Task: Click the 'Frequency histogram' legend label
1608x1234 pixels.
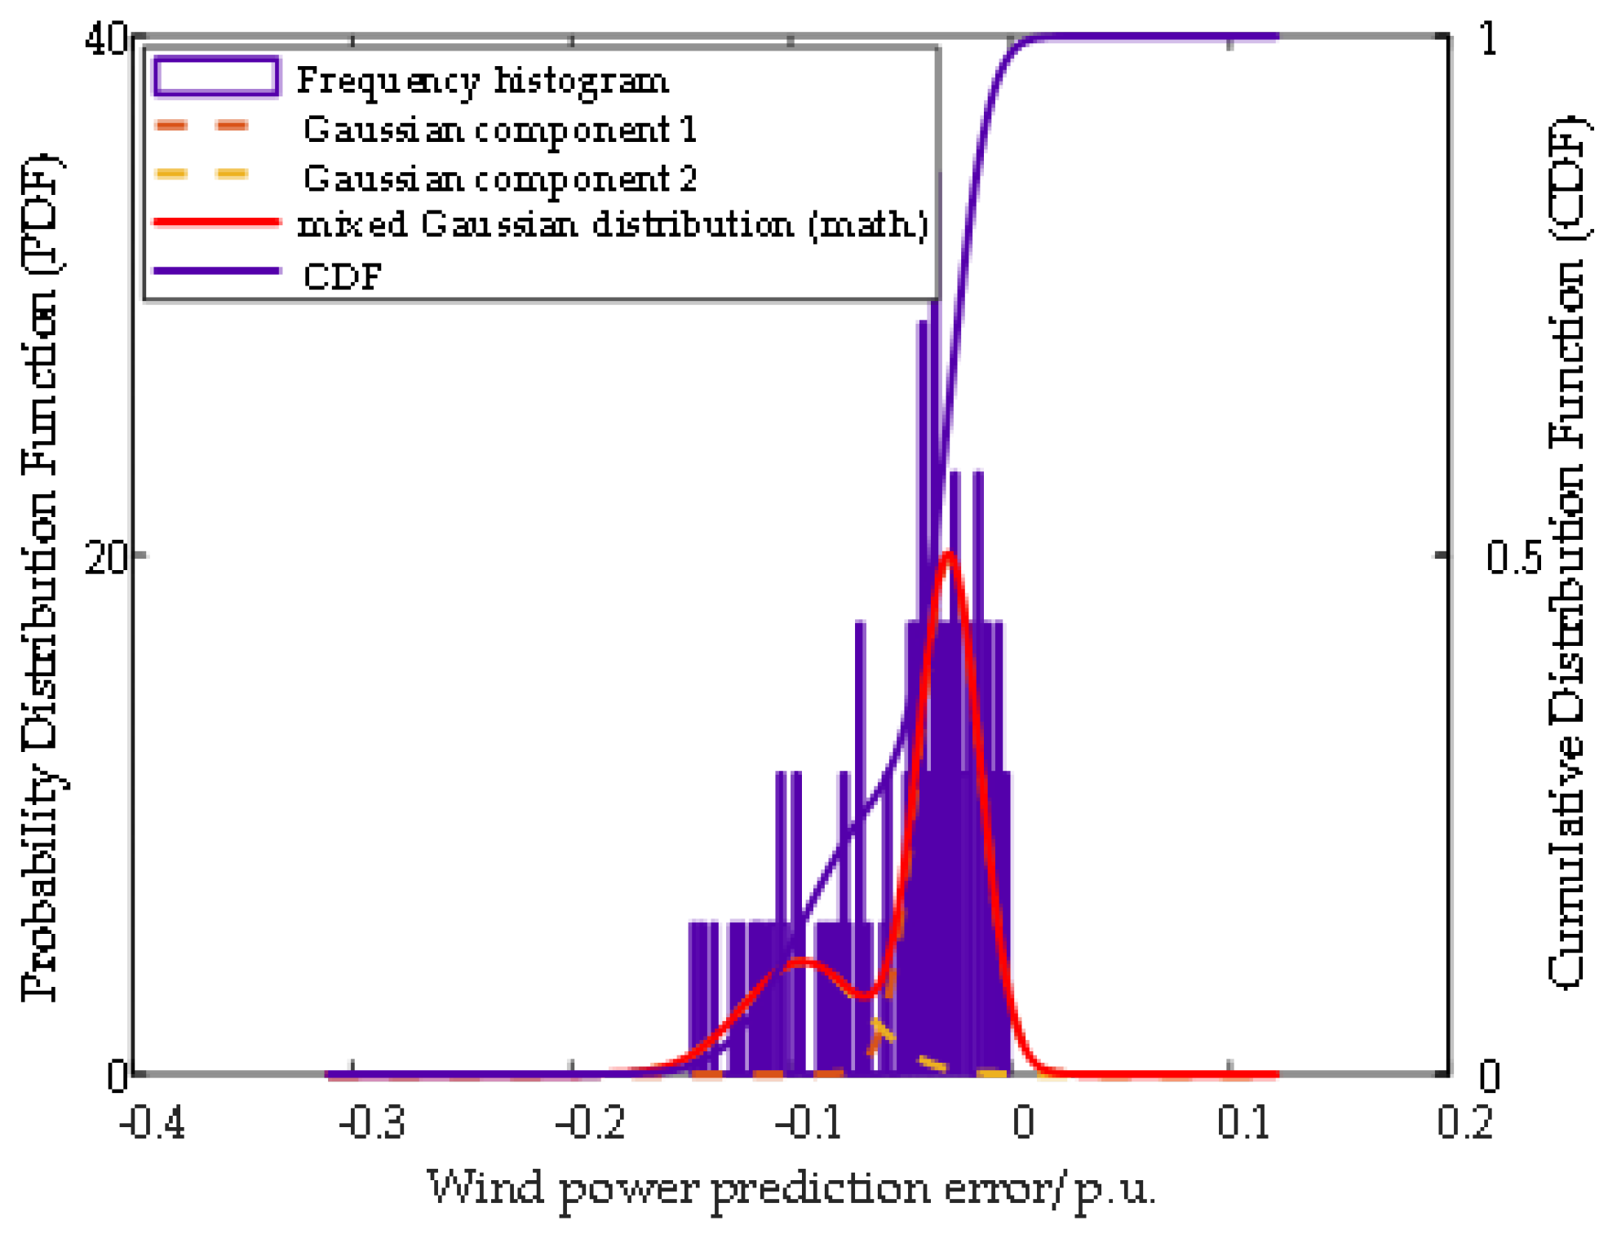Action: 482,81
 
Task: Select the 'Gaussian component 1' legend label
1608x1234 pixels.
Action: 499,130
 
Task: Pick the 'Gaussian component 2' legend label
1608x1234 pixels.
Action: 499,179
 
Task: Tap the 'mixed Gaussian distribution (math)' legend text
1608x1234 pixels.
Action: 613,224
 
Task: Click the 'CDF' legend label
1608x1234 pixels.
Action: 342,276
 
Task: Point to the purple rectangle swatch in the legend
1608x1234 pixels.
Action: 216,77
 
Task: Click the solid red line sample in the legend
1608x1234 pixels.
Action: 216,222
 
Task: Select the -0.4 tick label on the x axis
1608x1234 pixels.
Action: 153,1121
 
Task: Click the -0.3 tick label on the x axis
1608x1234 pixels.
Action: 372,1121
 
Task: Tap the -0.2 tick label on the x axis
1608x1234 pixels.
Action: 591,1121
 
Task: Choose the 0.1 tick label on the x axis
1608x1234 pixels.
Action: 1243,1121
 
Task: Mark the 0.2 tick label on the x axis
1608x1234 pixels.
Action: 1464,1121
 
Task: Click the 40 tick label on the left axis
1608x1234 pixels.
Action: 106,38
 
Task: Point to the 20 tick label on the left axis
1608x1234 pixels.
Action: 106,557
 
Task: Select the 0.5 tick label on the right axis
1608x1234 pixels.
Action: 1513,557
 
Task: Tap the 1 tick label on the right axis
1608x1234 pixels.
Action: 1489,38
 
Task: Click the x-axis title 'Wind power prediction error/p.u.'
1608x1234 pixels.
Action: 791,1188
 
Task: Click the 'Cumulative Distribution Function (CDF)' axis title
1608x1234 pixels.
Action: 1566,555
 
